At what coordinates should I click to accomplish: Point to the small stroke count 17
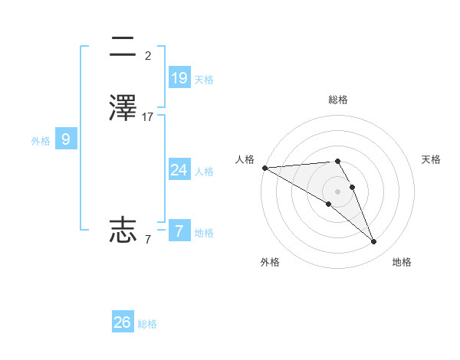(x=148, y=117)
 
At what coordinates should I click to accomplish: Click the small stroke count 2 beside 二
(x=147, y=55)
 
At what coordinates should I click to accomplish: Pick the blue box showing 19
(x=179, y=77)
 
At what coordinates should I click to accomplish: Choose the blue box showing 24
(x=179, y=169)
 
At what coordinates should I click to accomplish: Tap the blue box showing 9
(x=66, y=139)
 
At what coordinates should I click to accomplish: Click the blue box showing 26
(x=123, y=322)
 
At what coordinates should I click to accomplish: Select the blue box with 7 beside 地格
(x=179, y=231)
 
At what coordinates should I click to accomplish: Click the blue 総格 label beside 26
(x=147, y=324)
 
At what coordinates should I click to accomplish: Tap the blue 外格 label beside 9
(x=40, y=141)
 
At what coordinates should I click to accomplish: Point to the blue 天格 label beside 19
(x=204, y=80)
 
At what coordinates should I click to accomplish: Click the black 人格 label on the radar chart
(x=245, y=159)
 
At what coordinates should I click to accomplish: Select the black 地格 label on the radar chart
(x=402, y=263)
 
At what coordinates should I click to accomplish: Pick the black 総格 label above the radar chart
(x=338, y=100)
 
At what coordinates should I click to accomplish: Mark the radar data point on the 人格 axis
(x=264, y=168)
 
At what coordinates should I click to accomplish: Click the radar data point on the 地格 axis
(x=374, y=242)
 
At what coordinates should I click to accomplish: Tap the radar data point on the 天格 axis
(x=353, y=187)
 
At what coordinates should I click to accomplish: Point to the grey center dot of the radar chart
(x=337, y=191)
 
